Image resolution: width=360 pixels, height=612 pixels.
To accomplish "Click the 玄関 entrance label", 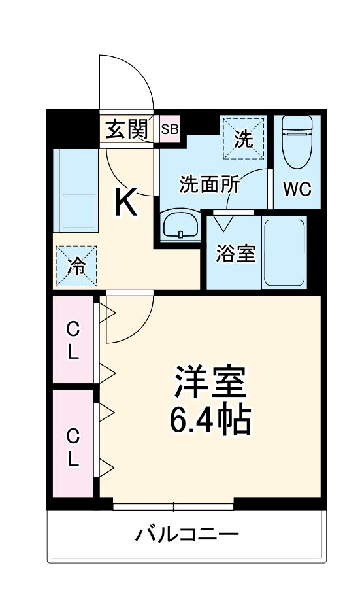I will point(127,130).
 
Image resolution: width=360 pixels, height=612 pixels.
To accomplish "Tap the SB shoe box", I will point(170,129).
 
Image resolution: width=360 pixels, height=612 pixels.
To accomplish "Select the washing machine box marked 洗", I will point(244,138).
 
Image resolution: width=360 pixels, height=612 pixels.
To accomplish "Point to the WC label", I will point(297,190).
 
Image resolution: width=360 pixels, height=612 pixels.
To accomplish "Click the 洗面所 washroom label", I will point(210,184).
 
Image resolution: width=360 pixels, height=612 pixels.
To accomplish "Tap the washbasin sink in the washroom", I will point(180,226).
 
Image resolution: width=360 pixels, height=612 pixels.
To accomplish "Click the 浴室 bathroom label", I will point(235,254).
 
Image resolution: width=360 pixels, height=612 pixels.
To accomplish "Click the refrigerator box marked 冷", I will point(76,265).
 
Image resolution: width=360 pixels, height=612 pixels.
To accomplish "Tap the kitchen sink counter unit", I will point(76,190).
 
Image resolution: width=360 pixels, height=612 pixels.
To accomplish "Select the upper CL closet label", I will point(73,341).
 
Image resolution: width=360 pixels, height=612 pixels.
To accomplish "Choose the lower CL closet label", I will point(73,447).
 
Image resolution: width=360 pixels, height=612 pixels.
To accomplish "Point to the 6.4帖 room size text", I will point(210,422).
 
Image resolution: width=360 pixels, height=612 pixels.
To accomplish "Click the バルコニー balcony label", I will point(187,535).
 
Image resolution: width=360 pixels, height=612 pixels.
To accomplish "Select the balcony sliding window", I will point(173,506).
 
